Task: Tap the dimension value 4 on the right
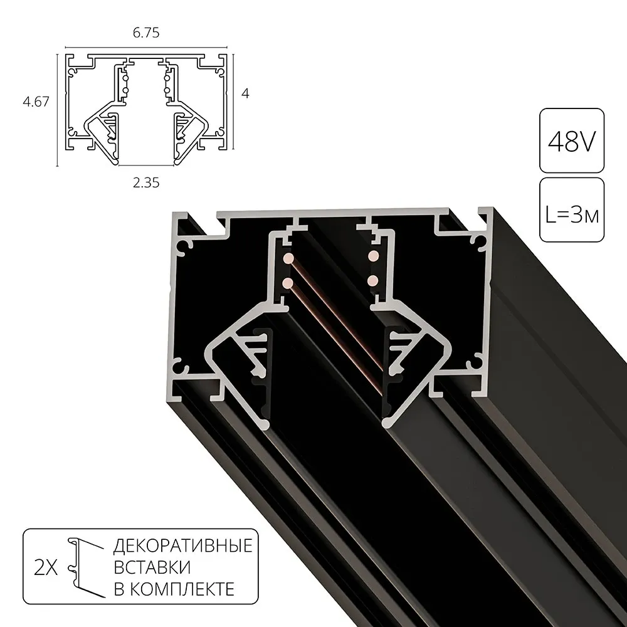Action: pos(245,93)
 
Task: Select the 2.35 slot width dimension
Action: pos(146,182)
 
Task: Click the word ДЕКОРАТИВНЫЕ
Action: pos(182,545)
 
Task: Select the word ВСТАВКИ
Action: pos(152,567)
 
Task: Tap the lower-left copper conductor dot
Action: pos(288,283)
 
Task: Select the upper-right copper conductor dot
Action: pos(372,256)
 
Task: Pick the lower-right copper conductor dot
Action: pos(372,280)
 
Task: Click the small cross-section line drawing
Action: pos(146,107)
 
